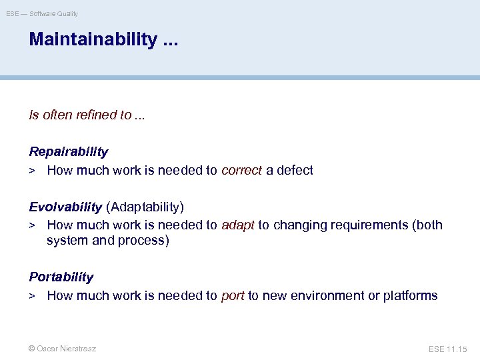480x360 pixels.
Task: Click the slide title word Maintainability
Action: click(93, 40)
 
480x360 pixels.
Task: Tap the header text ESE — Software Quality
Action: click(42, 13)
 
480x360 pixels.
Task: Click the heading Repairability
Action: click(68, 152)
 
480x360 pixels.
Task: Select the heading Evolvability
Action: click(65, 207)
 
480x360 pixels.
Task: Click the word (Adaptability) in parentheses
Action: click(145, 207)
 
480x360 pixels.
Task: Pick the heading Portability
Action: click(61, 277)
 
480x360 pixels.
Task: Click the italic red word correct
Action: click(241, 170)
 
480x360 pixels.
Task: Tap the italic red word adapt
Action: click(237, 225)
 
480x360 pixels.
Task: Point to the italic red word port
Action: click(233, 295)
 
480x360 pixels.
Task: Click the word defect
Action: click(295, 170)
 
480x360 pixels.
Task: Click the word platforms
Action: click(411, 295)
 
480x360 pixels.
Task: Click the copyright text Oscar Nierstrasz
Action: click(62, 349)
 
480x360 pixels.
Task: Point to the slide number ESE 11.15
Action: click(448, 349)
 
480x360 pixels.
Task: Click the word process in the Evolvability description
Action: click(143, 240)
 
